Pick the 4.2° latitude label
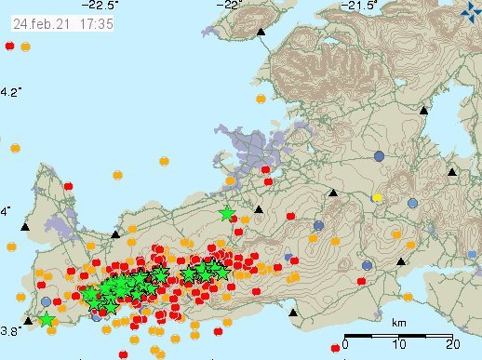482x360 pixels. [x=11, y=91]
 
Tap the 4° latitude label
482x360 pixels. [x=7, y=212]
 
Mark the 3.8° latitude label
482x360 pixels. [x=11, y=330]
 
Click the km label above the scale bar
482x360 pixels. [x=398, y=323]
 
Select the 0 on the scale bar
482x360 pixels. [x=344, y=346]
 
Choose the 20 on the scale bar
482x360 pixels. [x=449, y=346]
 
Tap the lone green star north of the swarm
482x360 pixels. [x=227, y=214]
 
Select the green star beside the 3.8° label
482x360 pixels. [x=47, y=320]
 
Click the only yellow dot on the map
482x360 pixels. [x=377, y=197]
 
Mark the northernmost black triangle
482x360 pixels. [x=261, y=33]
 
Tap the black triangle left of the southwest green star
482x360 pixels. [x=28, y=321]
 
